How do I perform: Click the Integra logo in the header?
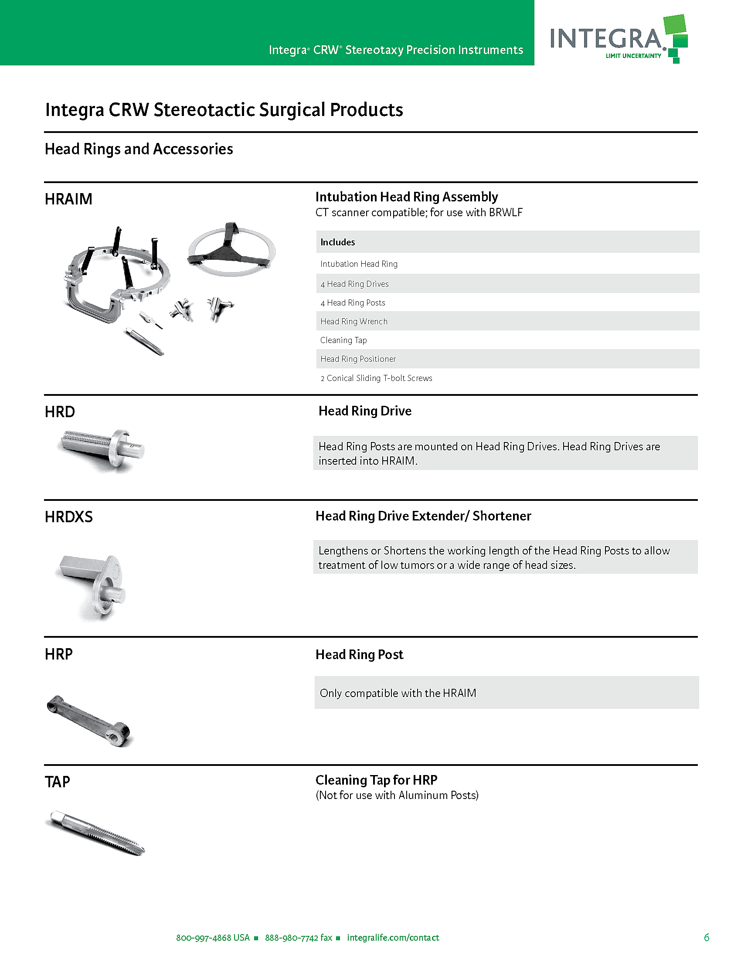tap(618, 39)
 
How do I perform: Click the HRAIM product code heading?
tap(68, 199)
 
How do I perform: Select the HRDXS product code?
tap(68, 517)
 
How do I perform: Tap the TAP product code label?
tap(57, 782)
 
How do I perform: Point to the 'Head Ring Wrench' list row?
tap(354, 321)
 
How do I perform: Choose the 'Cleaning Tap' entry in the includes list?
tap(343, 340)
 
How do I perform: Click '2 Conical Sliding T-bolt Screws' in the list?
tap(376, 378)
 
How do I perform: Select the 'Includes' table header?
tap(337, 242)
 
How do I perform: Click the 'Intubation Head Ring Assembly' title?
tap(407, 197)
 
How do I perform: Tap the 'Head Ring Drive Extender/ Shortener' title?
tap(423, 516)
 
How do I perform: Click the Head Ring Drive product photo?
tap(102, 450)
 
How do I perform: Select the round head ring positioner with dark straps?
tap(231, 249)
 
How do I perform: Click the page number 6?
tap(706, 938)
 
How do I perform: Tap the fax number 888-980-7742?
tap(298, 938)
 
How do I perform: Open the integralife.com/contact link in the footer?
tap(393, 938)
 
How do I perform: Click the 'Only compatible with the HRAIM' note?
tap(398, 693)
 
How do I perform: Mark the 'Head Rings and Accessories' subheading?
tap(139, 149)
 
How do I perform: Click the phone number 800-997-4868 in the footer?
tap(212, 938)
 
